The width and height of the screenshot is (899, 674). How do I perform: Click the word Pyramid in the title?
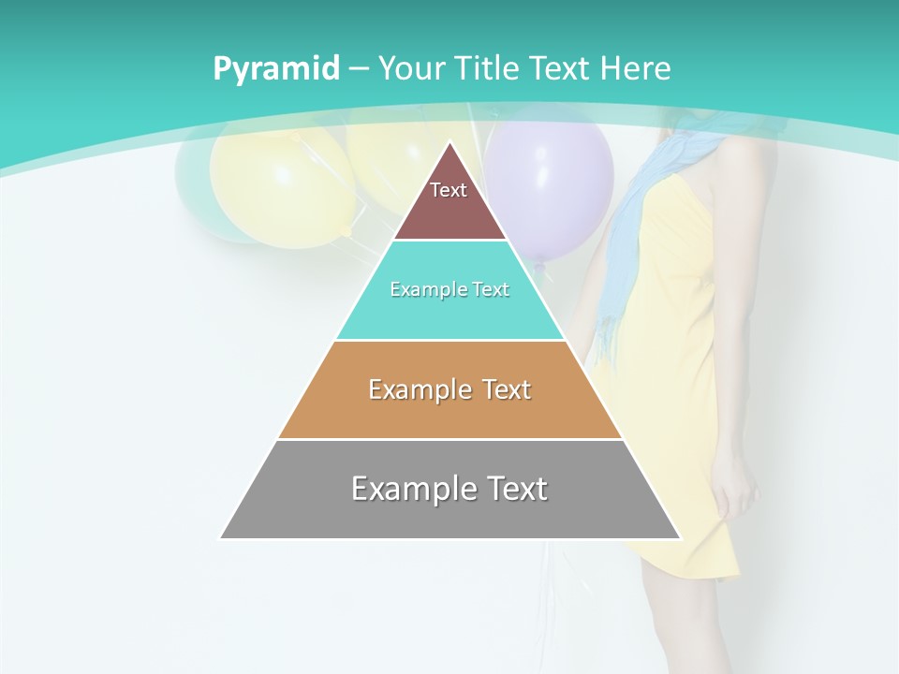click(x=276, y=69)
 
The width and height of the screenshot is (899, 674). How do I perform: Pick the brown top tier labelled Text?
click(x=449, y=201)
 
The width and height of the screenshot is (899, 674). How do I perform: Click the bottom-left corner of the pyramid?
click(x=222, y=537)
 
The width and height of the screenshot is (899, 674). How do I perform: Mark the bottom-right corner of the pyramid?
click(x=679, y=537)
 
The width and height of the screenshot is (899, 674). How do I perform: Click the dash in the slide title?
click(x=359, y=68)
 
